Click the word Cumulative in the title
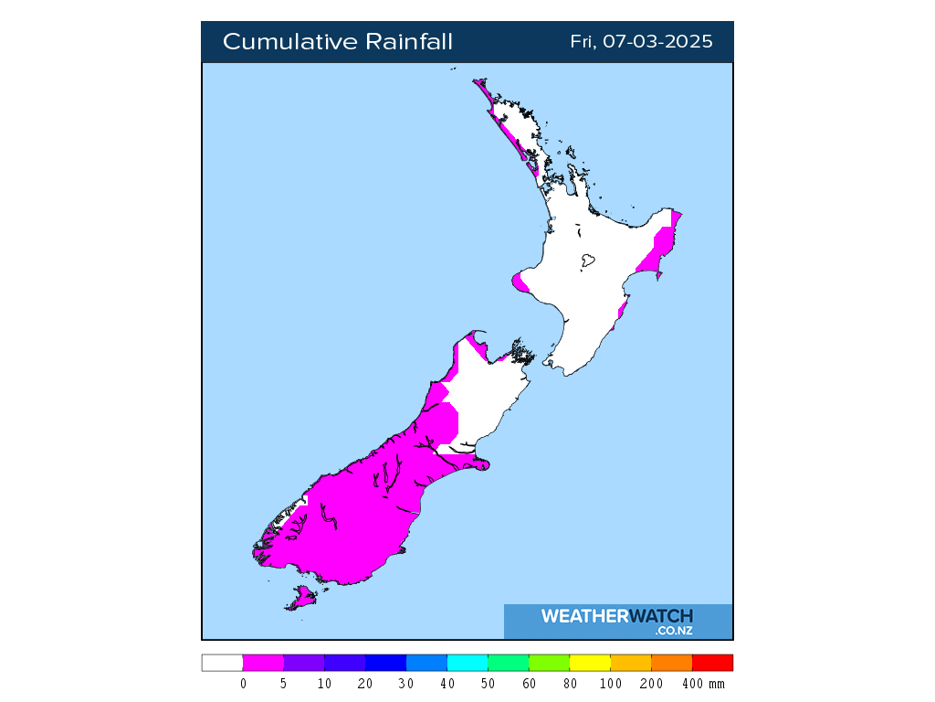(289, 42)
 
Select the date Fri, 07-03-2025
(641, 42)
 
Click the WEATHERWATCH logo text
(616, 616)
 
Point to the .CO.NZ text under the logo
(673, 631)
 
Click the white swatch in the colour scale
(222, 663)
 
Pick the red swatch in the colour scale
(712, 663)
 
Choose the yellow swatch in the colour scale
(590, 663)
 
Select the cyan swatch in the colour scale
(467, 663)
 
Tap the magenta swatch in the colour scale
(263, 663)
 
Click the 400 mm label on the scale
(702, 684)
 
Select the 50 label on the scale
(489, 684)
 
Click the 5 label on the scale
(284, 684)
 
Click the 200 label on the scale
(652, 684)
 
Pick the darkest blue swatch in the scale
(385, 663)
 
